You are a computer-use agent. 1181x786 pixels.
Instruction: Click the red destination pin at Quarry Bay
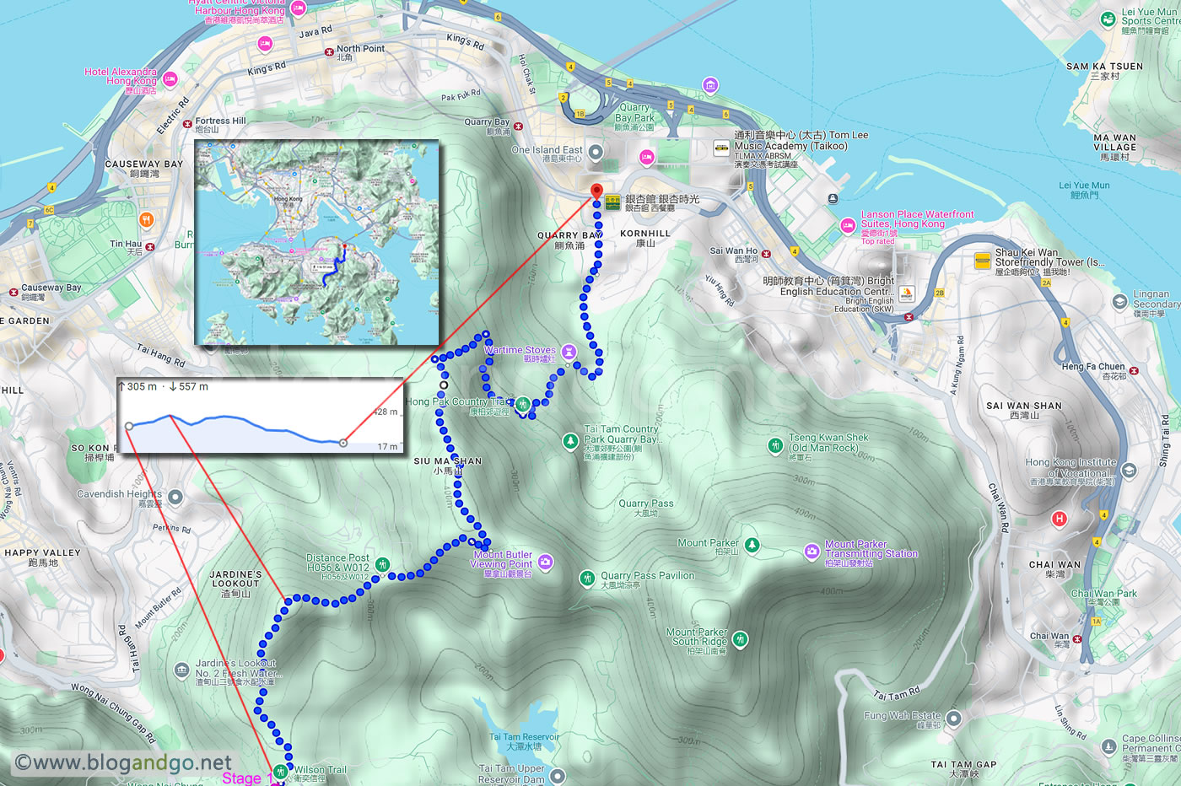coord(597,191)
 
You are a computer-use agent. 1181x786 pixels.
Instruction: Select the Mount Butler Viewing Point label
coord(503,560)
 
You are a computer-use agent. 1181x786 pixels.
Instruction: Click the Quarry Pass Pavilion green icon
coord(587,578)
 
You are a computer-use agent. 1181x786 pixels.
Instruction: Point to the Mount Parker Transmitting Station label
coord(871,549)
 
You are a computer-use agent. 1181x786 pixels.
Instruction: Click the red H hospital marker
coord(1060,519)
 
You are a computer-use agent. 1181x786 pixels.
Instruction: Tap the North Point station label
coord(360,49)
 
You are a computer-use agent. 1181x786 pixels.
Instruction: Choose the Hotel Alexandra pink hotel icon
coord(170,79)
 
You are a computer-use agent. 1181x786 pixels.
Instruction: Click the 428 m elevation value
coord(386,412)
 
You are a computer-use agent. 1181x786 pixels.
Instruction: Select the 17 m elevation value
coord(388,447)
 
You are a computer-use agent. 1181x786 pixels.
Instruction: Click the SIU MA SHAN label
coord(448,461)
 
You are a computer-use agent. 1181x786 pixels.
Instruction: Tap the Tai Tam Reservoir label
coord(524,737)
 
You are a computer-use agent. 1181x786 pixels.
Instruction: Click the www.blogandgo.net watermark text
coord(123,762)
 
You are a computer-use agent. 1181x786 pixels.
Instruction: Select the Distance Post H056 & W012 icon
coord(383,564)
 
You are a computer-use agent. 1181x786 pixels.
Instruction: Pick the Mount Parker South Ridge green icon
coord(740,639)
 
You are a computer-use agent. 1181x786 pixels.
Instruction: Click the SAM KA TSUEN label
coord(1104,67)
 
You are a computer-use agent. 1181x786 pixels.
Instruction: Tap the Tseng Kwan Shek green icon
coord(775,445)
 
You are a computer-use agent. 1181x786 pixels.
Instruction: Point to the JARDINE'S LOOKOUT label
coord(235,579)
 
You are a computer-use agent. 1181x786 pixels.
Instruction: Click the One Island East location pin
coord(596,153)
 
